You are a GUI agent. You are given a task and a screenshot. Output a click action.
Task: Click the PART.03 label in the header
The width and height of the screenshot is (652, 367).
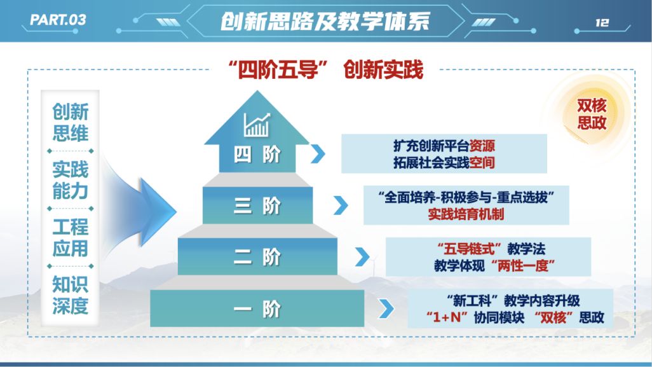pyautogui.click(x=58, y=20)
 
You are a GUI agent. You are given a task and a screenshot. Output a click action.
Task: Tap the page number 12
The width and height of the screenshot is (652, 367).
pyautogui.click(x=602, y=22)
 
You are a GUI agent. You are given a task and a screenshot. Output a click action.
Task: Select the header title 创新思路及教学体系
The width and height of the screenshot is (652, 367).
pyautogui.click(x=325, y=21)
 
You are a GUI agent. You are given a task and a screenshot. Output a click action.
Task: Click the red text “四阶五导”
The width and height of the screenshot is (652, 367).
pyautogui.click(x=278, y=69)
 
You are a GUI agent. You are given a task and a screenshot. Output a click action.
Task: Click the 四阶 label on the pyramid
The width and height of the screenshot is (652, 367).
pyautogui.click(x=257, y=155)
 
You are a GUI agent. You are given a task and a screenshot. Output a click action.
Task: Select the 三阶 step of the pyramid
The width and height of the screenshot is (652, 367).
pyautogui.click(x=257, y=205)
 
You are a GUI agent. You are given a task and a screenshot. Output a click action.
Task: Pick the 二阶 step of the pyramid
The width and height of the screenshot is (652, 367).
pyautogui.click(x=257, y=256)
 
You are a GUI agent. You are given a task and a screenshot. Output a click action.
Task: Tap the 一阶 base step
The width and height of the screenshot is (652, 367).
pyautogui.click(x=257, y=308)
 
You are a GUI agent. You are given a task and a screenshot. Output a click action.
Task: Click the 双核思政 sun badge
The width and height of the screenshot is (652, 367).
pyautogui.click(x=591, y=114)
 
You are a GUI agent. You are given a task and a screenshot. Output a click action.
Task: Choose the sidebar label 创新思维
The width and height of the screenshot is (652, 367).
pyautogui.click(x=71, y=122)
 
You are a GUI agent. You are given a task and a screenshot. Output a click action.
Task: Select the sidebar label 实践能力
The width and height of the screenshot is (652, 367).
pyautogui.click(x=71, y=180)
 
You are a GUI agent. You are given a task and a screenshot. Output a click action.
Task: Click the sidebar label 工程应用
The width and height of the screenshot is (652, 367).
pyautogui.click(x=71, y=238)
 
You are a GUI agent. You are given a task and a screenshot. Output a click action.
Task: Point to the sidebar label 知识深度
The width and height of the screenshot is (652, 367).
pyautogui.click(x=71, y=295)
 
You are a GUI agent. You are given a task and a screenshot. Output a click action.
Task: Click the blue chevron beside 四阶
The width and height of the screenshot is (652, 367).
pyautogui.click(x=318, y=154)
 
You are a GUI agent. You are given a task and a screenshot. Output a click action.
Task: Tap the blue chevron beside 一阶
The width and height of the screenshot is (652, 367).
pyautogui.click(x=387, y=308)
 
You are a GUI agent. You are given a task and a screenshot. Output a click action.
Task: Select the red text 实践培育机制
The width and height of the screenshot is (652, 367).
pyautogui.click(x=466, y=214)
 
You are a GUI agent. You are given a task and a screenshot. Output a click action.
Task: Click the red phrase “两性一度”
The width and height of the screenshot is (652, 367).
pyautogui.click(x=523, y=265)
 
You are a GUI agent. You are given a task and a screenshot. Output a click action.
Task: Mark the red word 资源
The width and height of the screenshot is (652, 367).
pyautogui.click(x=482, y=146)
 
